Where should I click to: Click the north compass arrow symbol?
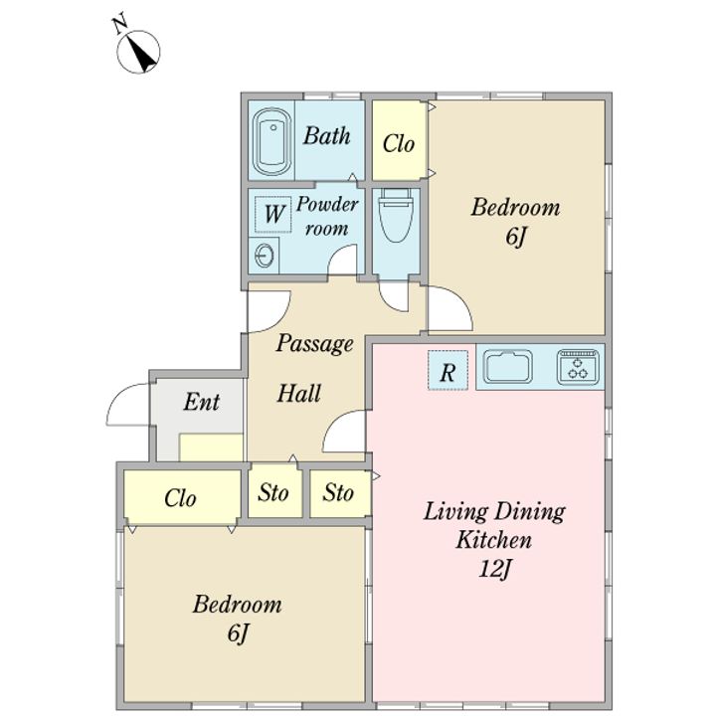139,51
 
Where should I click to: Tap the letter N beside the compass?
120,25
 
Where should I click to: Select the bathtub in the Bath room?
272,141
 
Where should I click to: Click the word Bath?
326,135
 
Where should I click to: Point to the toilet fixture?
396,215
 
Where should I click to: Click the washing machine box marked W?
273,215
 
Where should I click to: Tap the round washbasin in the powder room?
264,256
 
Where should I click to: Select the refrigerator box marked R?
447,370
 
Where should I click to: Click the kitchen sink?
507,366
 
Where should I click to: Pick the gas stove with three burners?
578,367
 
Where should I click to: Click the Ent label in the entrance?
201,402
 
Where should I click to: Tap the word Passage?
314,344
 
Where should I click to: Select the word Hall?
299,393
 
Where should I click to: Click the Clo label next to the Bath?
398,144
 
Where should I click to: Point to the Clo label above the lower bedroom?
180,498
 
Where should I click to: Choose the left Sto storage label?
273,492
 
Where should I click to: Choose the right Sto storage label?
338,492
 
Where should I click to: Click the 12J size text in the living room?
494,569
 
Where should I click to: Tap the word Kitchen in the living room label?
494,540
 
